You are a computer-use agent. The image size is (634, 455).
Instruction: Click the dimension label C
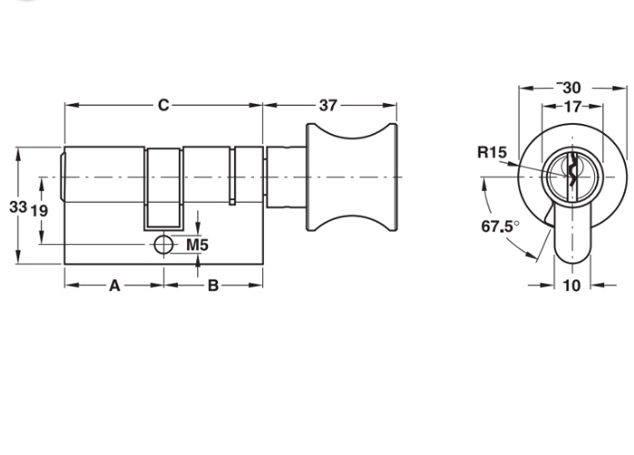click(164, 105)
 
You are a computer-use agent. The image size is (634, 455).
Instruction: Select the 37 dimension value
click(328, 106)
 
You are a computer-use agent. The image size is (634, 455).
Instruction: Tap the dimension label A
click(115, 286)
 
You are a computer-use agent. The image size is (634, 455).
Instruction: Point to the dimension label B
click(213, 286)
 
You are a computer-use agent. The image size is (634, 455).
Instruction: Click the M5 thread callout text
click(197, 245)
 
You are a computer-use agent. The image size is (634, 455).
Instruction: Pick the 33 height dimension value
click(18, 206)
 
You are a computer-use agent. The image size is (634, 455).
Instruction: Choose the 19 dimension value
click(39, 211)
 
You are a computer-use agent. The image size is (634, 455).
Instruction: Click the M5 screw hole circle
click(164, 245)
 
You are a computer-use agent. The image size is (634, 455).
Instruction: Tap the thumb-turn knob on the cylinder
click(352, 177)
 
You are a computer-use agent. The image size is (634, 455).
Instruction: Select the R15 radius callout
click(492, 153)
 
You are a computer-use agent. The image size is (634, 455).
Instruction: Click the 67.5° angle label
click(500, 226)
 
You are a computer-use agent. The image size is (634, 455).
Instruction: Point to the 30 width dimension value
click(572, 88)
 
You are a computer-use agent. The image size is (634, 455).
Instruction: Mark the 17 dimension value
click(572, 107)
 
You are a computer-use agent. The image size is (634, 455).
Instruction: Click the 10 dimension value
click(572, 286)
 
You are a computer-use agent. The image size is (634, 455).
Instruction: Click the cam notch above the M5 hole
click(164, 188)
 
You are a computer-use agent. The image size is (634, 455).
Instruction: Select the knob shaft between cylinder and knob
click(286, 177)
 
